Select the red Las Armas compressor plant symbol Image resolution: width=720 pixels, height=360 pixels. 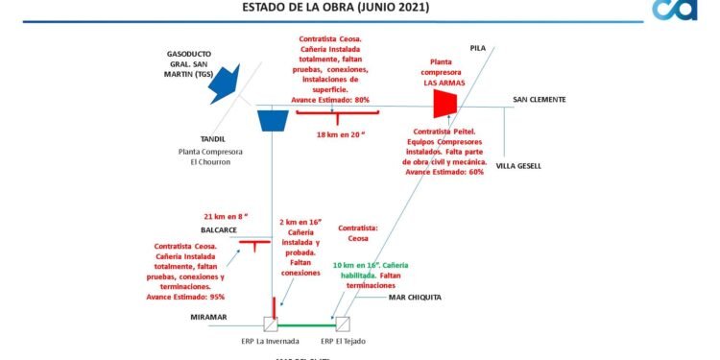(x=444, y=101)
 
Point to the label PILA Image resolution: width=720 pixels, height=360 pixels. (x=478, y=47)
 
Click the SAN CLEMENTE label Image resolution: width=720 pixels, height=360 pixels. (x=540, y=100)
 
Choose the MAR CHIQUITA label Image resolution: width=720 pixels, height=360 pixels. (x=415, y=298)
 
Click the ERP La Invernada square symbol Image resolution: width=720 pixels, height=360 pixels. (x=271, y=324)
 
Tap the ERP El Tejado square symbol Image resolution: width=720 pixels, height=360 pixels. (x=342, y=324)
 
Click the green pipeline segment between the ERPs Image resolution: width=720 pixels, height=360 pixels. (x=305, y=324)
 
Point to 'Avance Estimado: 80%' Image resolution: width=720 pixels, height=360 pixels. (x=330, y=99)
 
